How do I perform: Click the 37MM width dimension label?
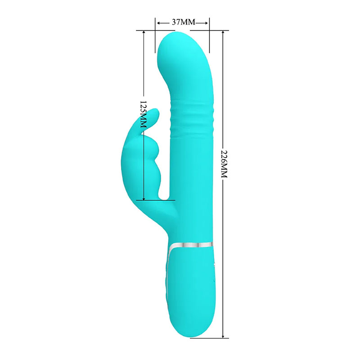[184, 22]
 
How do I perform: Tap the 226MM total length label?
[224, 164]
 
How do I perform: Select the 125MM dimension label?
[143, 114]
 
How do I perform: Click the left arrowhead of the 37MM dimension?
[159, 23]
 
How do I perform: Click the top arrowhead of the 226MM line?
[223, 32]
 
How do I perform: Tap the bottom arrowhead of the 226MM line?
[223, 336]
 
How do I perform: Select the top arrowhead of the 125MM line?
[144, 32]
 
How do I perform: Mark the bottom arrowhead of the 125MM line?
[144, 198]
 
